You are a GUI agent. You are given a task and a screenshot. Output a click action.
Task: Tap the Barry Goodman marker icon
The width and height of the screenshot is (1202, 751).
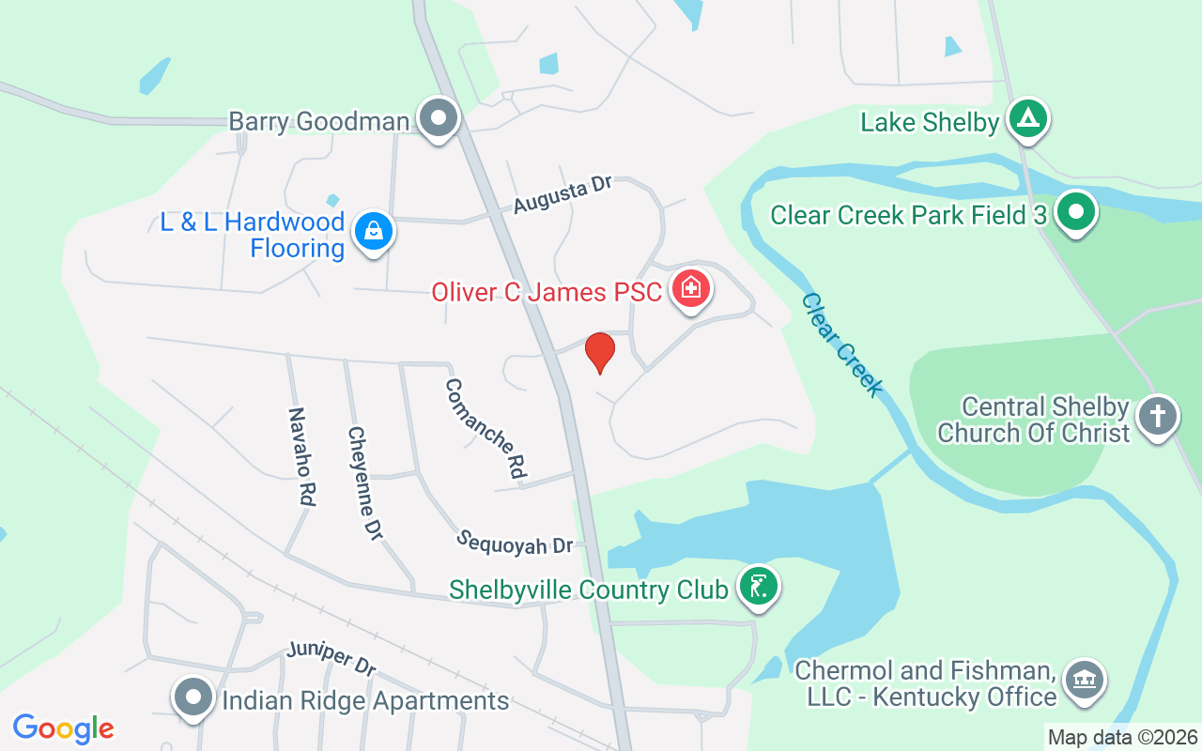[x=438, y=119]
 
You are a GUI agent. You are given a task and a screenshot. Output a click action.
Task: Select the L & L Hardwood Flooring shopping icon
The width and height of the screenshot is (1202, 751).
[x=374, y=232]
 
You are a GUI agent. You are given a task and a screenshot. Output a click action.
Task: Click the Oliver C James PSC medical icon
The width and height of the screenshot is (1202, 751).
[x=691, y=287]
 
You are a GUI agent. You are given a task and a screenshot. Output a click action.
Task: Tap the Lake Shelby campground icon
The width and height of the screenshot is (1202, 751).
[x=1028, y=119]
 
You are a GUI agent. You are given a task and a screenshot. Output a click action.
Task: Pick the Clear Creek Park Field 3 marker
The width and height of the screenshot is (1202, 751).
[x=1076, y=212]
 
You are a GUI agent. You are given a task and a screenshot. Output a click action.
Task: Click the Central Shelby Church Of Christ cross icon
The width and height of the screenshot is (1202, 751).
[x=1157, y=416]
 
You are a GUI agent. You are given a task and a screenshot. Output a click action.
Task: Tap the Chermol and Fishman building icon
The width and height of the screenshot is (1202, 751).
[x=1085, y=680]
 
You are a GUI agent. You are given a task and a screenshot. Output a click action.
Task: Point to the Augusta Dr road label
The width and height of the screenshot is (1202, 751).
[x=562, y=194]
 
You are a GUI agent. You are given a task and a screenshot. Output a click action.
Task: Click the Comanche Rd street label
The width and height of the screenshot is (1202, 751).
[x=485, y=427]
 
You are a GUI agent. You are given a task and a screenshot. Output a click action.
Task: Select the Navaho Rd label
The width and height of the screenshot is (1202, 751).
[x=300, y=457]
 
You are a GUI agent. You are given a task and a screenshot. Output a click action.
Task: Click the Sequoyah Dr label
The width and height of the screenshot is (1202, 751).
[x=515, y=542]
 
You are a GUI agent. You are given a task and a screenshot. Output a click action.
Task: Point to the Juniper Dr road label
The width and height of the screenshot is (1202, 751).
[x=331, y=658]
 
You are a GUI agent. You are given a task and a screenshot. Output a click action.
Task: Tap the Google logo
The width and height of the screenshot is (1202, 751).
[x=63, y=728]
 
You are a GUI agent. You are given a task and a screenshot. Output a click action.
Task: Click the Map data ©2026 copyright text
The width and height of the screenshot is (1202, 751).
[x=1123, y=737]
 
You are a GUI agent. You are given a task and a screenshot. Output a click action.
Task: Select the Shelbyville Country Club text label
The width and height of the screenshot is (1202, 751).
[x=589, y=590]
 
